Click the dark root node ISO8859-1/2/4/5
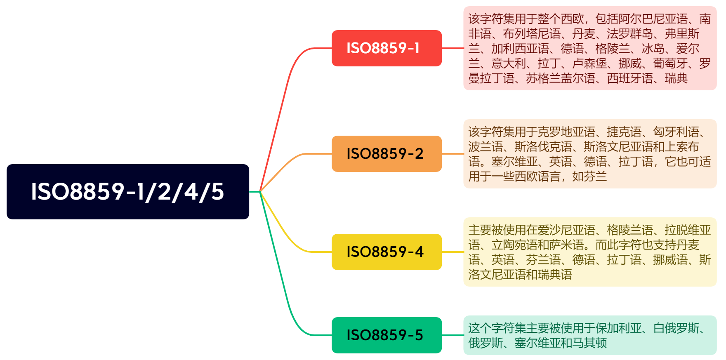tap(127, 192)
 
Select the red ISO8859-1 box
tap(387, 48)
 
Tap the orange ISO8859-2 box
tap(387, 154)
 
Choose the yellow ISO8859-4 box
tap(387, 252)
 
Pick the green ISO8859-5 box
tap(387, 335)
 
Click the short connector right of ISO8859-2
tap(453, 154)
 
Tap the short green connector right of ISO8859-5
tap(453, 335)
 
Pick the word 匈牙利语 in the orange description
tap(676, 132)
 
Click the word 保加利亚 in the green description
tap(619, 328)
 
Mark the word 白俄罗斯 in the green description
tap(676, 328)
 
